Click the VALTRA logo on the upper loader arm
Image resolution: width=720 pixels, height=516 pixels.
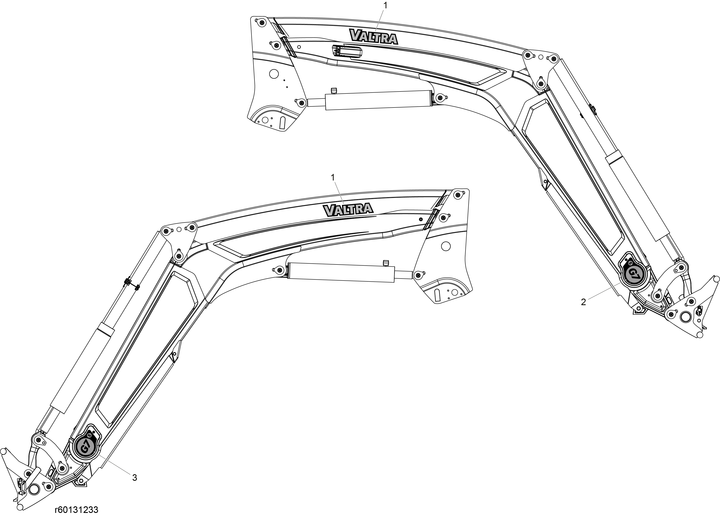pyautogui.click(x=374, y=36)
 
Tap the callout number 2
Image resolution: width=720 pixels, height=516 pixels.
pyautogui.click(x=583, y=302)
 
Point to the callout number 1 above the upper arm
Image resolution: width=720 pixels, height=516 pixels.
pyautogui.click(x=386, y=5)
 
